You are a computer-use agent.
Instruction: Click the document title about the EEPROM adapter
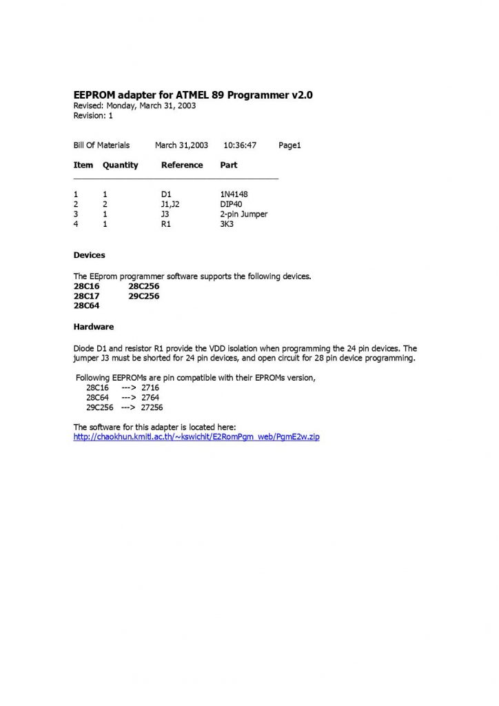[x=193, y=95]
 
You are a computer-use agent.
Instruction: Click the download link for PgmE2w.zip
[x=196, y=437]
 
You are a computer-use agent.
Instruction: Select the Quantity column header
[x=121, y=165]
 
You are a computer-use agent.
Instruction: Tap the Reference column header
[x=182, y=165]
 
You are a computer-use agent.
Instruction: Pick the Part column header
[x=229, y=165]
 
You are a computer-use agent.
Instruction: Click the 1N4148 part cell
[x=234, y=194]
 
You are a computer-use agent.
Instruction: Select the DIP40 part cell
[x=231, y=204]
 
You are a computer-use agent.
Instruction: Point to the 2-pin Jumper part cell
[x=243, y=214]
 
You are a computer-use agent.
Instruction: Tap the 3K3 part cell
[x=227, y=224]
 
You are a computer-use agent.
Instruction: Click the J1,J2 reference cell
[x=170, y=204]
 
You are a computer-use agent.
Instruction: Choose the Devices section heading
[x=90, y=255]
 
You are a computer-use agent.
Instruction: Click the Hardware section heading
[x=94, y=326]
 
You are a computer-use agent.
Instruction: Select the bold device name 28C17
[x=87, y=296]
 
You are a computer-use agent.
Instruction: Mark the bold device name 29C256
[x=144, y=296]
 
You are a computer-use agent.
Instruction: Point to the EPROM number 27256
[x=152, y=407]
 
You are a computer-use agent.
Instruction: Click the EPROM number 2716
[x=150, y=388]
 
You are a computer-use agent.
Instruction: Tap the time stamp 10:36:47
[x=240, y=145]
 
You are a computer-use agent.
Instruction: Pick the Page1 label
[x=290, y=145]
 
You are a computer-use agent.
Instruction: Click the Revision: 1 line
[x=93, y=116]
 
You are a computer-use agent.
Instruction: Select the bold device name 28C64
[x=87, y=305]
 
